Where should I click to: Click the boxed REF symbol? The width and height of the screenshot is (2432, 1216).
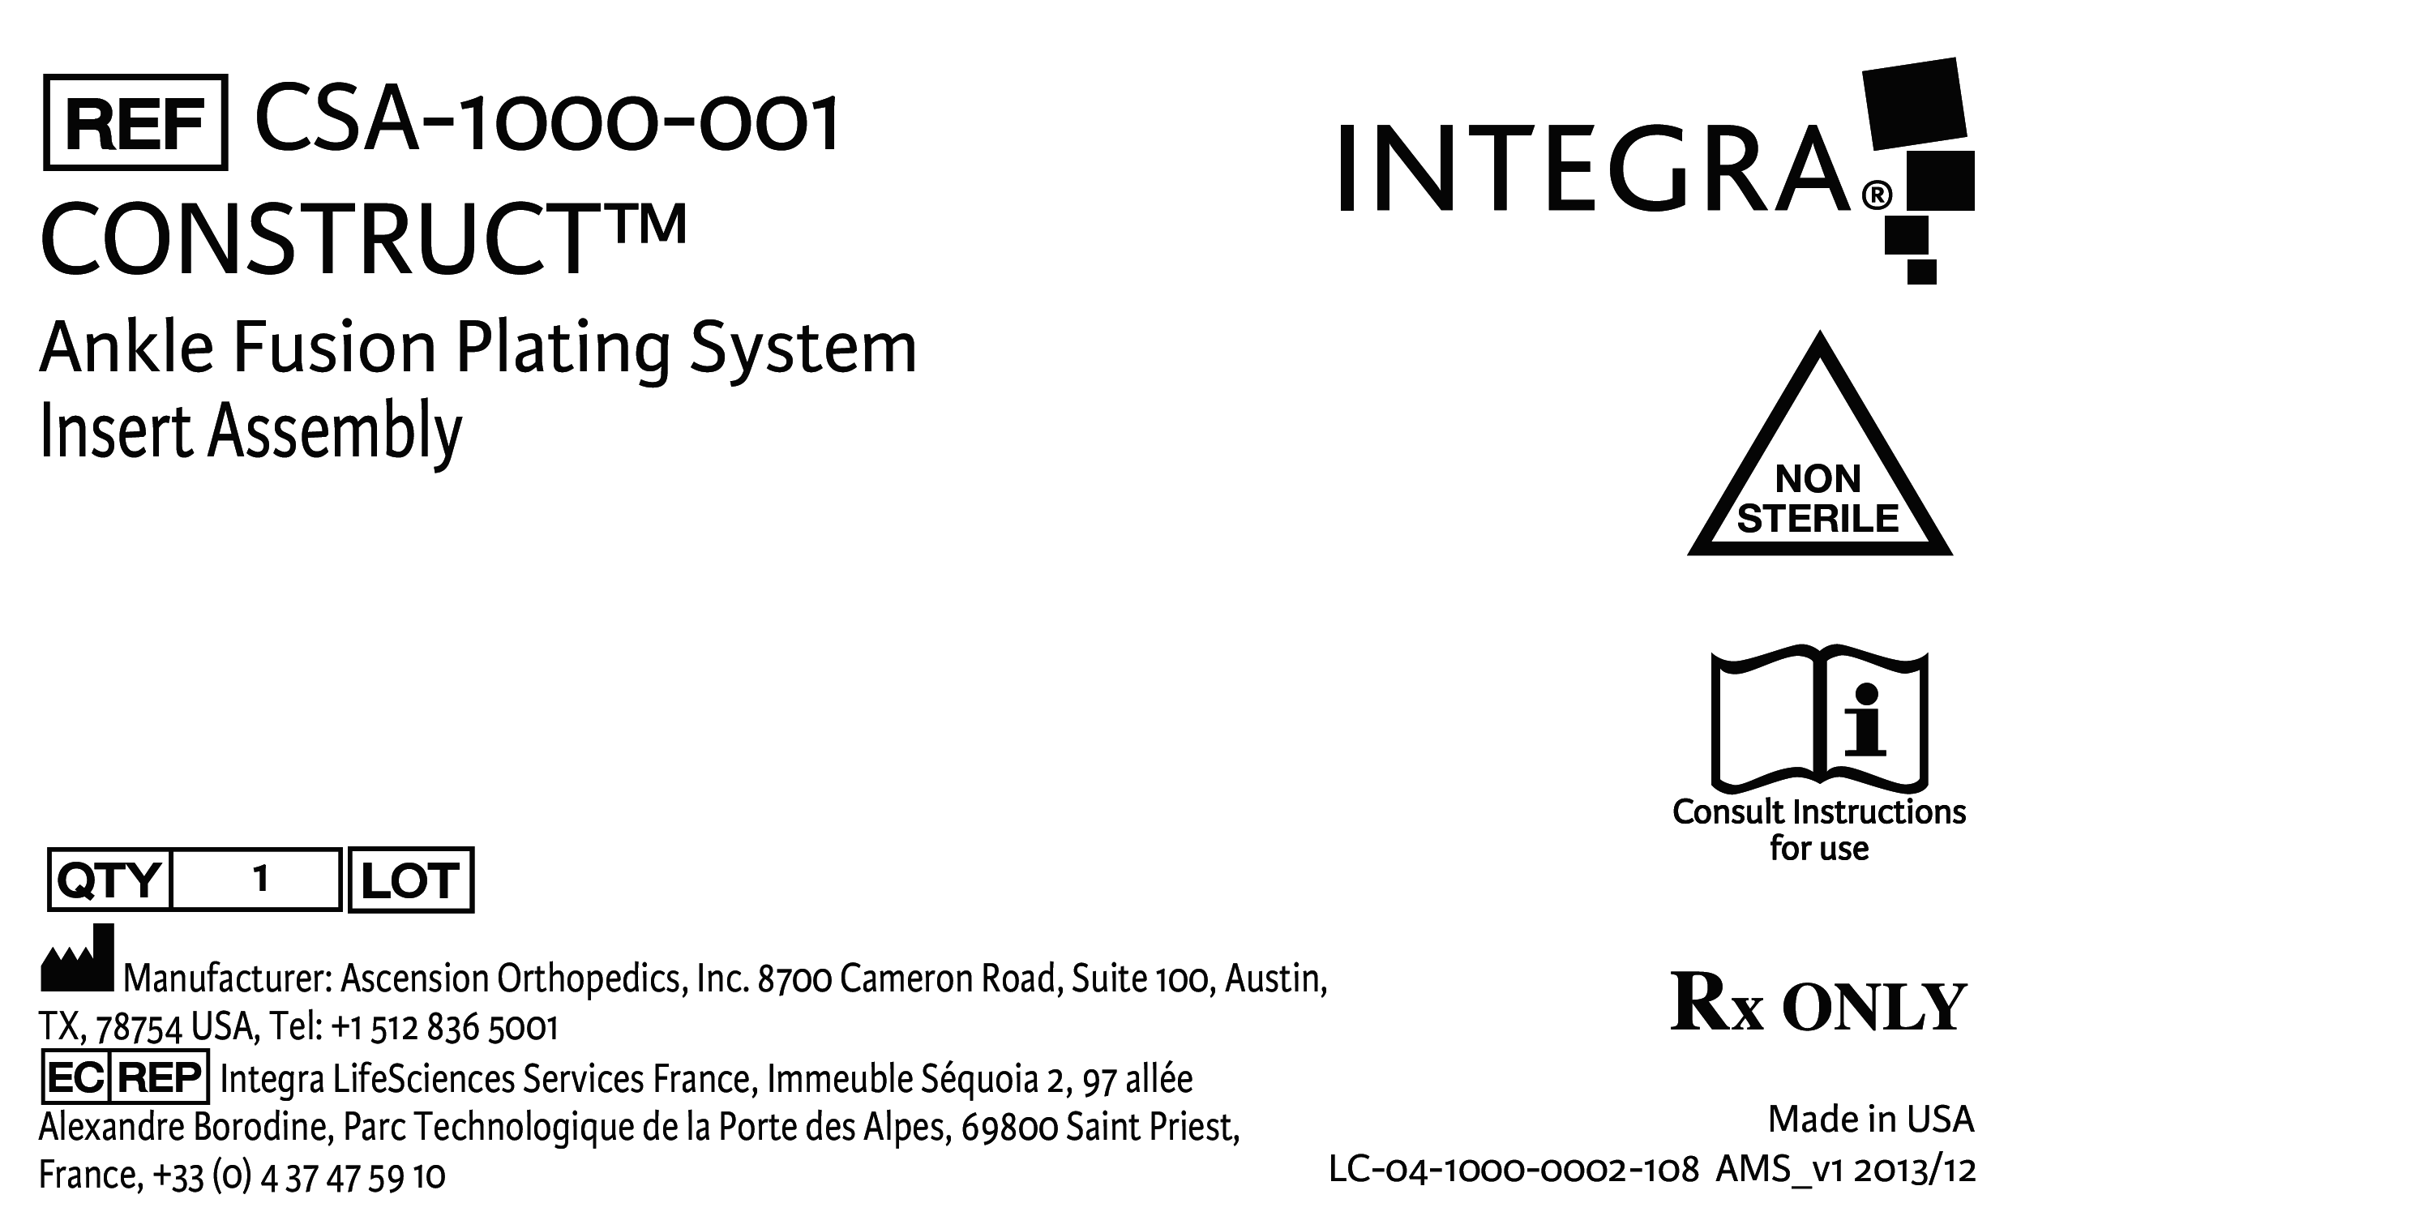(135, 122)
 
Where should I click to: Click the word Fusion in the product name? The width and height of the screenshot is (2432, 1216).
(335, 349)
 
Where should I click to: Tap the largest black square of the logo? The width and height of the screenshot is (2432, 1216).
(1915, 104)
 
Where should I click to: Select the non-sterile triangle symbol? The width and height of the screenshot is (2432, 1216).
(1819, 443)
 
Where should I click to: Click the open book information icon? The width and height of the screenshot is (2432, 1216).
(1819, 719)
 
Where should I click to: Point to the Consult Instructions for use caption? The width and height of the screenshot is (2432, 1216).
(1819, 830)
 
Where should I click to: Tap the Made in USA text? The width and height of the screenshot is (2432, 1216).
(1871, 1120)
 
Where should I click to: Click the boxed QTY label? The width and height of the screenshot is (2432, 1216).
(109, 880)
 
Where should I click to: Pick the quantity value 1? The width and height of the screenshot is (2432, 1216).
(260, 879)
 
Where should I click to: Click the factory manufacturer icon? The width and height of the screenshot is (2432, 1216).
(77, 957)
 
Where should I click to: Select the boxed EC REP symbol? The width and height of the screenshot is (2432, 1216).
(126, 1077)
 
